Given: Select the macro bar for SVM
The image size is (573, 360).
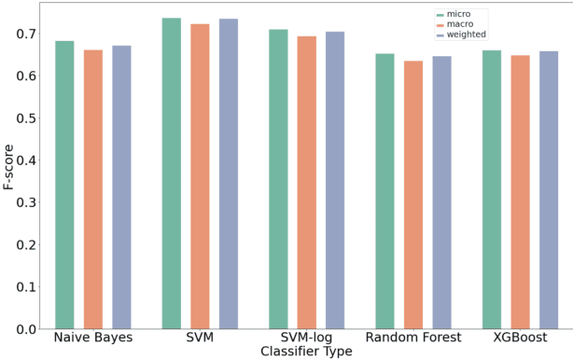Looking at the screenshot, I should point(200,176).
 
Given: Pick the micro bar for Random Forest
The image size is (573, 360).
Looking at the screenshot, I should point(384,191).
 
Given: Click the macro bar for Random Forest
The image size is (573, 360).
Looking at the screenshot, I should point(413,195).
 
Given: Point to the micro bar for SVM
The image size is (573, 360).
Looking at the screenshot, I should point(171,173).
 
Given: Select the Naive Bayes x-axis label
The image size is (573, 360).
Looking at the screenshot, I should point(92,338).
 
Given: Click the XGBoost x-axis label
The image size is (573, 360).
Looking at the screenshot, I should point(520,338).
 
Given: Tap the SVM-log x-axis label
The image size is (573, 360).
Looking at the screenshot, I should point(306,338).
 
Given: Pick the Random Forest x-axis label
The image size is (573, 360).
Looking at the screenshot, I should point(412,338).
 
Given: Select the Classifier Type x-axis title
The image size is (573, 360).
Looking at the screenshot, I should point(306,352).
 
